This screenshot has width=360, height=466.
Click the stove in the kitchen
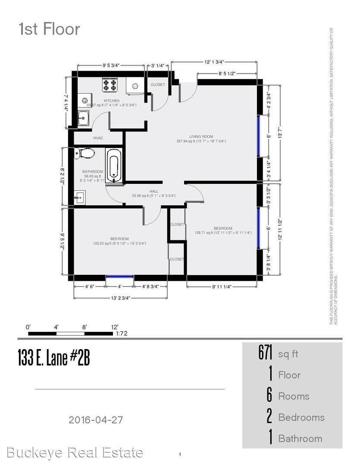tap(110, 85)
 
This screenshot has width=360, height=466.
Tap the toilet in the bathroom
tap(85, 153)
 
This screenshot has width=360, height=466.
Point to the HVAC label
tap(99, 138)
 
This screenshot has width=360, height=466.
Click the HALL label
tap(153, 191)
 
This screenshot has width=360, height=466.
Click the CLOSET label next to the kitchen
tap(157, 85)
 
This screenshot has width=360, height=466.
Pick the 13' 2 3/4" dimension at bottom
tap(120, 298)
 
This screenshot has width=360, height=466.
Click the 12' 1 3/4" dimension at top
tap(214, 62)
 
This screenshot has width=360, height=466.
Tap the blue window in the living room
tap(258, 136)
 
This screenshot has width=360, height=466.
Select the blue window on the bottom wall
tap(119, 277)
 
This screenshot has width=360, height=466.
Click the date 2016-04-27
tap(99, 419)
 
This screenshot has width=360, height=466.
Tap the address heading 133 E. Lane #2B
tap(54, 358)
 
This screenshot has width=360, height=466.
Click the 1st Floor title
tap(49, 29)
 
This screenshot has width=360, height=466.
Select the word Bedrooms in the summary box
tap(301, 417)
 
